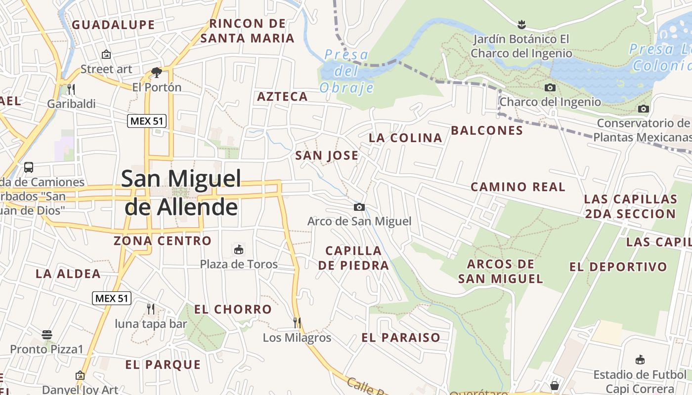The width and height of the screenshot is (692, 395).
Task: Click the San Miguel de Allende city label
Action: (x=181, y=193)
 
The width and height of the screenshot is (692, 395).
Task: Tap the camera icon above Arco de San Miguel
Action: (x=359, y=207)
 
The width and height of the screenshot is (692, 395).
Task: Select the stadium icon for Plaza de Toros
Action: (x=239, y=249)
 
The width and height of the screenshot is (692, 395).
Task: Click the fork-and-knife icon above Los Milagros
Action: (x=297, y=323)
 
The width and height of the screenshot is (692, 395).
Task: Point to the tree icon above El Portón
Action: (x=157, y=73)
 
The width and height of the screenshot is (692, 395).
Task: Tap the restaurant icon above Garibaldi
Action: (x=71, y=89)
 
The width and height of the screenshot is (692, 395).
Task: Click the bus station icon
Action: (x=29, y=167)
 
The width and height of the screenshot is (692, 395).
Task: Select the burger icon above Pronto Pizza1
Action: (x=47, y=335)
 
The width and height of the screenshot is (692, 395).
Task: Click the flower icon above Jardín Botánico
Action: (x=520, y=24)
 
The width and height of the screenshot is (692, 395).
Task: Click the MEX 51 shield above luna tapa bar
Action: (x=112, y=298)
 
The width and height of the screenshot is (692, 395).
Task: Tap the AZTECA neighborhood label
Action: (x=282, y=97)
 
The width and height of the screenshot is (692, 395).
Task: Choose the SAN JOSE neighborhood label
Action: (x=327, y=156)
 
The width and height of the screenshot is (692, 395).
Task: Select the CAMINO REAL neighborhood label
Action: (x=518, y=187)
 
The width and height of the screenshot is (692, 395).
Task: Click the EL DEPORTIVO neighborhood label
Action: (x=618, y=267)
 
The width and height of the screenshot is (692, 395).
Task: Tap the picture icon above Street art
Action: (x=106, y=54)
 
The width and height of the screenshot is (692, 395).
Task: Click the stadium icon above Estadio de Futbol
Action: (x=640, y=359)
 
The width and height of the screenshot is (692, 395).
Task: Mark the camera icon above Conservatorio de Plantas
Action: (x=643, y=109)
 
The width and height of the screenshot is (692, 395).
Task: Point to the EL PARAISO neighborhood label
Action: (x=401, y=338)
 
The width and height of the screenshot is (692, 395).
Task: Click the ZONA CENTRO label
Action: (x=163, y=241)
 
